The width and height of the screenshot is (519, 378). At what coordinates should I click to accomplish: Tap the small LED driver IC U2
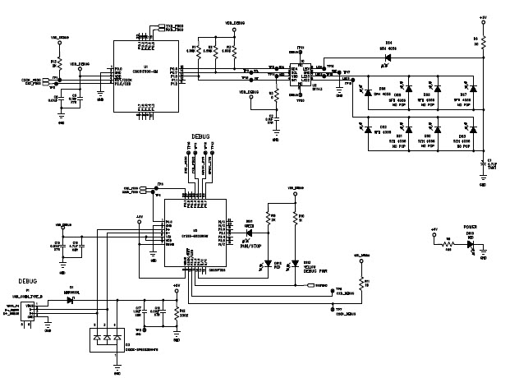295,76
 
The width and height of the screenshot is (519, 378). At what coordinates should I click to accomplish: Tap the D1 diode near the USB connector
71,301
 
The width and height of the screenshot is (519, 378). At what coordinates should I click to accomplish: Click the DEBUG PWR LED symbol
295,265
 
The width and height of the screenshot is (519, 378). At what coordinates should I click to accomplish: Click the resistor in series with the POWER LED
448,244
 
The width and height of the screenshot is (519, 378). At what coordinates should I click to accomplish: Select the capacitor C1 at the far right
482,163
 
